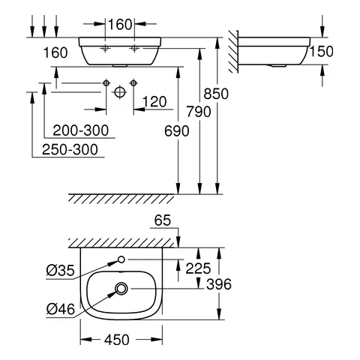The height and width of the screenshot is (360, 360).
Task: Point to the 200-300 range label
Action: (x=76, y=130)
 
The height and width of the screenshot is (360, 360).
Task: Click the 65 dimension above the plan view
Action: (x=163, y=221)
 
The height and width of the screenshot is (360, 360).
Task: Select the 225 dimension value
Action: (x=199, y=266)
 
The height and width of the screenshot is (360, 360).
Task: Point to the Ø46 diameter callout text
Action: (x=60, y=307)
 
